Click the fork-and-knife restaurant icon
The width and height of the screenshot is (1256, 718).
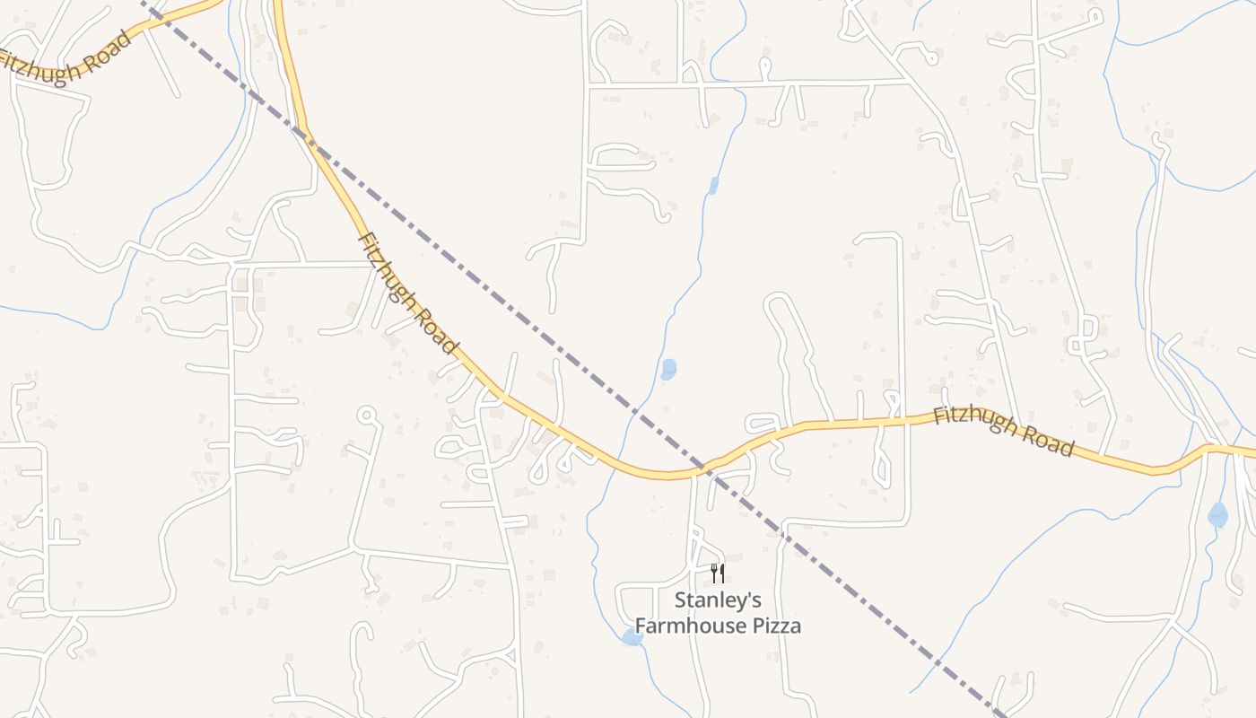[x=717, y=574]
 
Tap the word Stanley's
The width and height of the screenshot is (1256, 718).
[x=718, y=600]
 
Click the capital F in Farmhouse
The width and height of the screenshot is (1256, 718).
[x=641, y=626]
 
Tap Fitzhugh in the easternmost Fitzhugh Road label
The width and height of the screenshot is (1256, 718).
[x=974, y=422]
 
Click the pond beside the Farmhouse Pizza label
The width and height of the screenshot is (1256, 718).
[x=632, y=637]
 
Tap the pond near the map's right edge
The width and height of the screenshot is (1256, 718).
[x=1217, y=515]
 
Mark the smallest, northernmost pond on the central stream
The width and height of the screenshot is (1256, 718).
[x=713, y=186]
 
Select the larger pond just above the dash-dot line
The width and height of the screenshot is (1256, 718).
[x=668, y=369]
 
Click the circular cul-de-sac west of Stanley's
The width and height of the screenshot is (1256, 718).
[x=366, y=415]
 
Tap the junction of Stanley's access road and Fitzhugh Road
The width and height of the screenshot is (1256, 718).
[x=693, y=473]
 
